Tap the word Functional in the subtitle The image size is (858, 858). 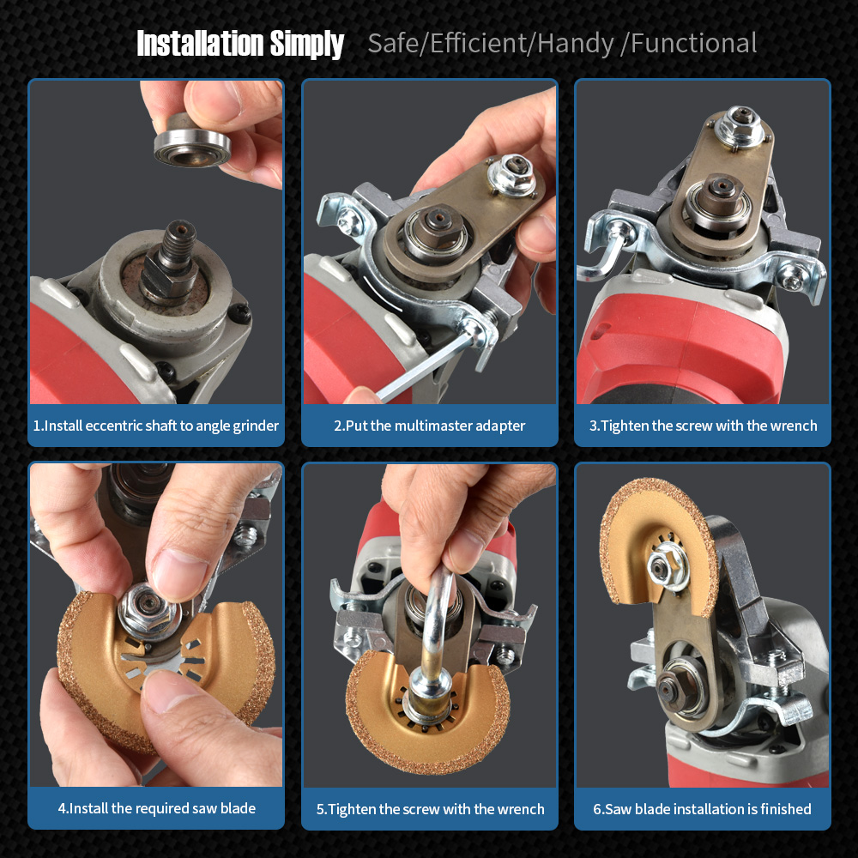coord(694,43)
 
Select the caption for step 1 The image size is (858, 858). coord(156,426)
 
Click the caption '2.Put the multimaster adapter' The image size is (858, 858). coord(430,426)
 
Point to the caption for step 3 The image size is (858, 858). coord(704,426)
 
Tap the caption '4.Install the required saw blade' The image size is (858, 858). coord(156,808)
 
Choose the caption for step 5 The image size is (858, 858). coord(430,809)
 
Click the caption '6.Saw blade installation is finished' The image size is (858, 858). coord(702,809)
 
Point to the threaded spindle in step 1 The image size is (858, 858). coord(178,245)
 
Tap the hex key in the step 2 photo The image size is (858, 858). coord(422,366)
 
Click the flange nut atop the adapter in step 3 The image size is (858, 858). coord(740,126)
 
